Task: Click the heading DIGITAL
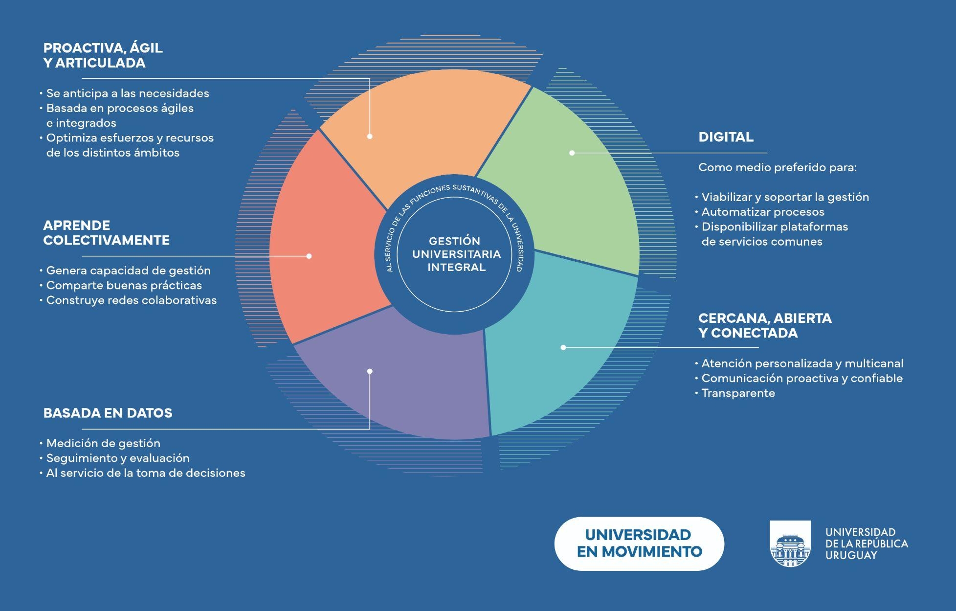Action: [726, 137]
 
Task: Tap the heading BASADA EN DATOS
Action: [108, 413]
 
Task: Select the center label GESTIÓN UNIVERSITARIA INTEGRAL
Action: [456, 254]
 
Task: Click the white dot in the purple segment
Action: [370, 371]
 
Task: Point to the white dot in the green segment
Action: [572, 153]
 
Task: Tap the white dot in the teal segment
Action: [563, 347]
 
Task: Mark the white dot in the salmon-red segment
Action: [309, 256]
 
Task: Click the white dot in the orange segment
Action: [370, 136]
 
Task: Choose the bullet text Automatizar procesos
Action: [762, 212]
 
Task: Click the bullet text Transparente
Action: [738, 393]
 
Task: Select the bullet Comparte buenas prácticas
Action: [124, 285]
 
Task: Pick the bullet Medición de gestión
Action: [103, 443]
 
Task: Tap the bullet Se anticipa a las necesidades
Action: [127, 93]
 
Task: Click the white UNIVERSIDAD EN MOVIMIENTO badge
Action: [639, 543]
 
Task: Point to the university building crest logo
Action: [790, 543]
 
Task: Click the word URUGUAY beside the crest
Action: [851, 555]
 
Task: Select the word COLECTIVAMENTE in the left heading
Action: [106, 240]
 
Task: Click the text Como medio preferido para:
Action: [777, 167]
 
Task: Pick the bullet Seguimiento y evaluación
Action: [117, 458]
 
